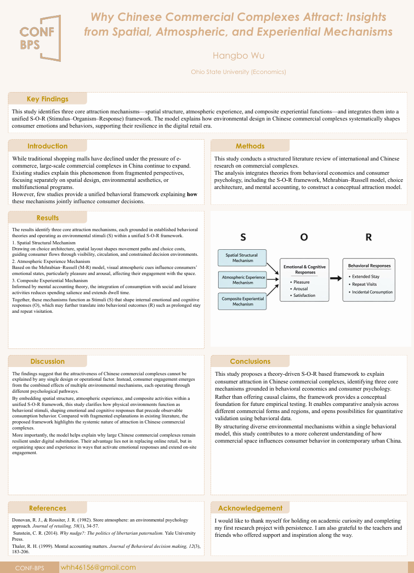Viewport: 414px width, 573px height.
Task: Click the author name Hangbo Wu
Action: coord(238,56)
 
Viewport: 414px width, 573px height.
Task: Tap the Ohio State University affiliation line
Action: coord(238,72)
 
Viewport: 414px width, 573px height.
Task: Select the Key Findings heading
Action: coord(48,99)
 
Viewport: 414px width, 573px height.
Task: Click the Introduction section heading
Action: coord(48,146)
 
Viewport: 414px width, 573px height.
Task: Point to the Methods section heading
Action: coord(250,146)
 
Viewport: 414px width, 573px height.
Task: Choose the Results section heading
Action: coord(48,218)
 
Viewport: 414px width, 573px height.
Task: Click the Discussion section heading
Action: coord(48,362)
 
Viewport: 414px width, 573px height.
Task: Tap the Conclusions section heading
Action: coord(250,362)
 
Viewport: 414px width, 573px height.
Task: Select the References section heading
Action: coord(48,508)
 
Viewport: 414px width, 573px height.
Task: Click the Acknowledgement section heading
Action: coord(250,508)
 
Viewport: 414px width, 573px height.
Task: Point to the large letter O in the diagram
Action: coord(304,237)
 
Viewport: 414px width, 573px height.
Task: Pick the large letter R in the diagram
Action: coord(368,237)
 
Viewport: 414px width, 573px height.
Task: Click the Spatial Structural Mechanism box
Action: coord(242,257)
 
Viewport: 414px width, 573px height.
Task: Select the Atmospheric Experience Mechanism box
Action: coord(242,280)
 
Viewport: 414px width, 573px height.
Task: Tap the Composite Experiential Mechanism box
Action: coord(242,301)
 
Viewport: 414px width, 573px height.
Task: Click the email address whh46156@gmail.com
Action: coord(98,568)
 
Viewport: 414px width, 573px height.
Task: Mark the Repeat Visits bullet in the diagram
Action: coord(364,284)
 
